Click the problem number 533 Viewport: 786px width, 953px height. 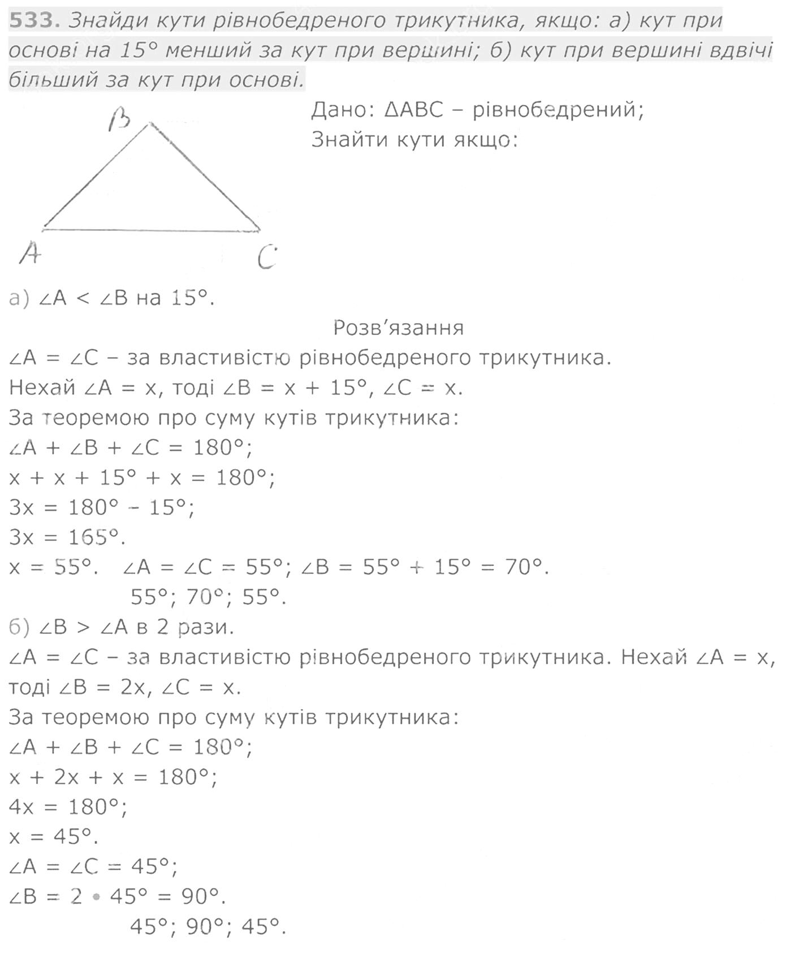pos(34,21)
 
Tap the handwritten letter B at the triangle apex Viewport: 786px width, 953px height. pos(120,119)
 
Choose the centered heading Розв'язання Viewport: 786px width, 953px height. pos(398,328)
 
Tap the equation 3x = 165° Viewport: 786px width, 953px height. pos(67,536)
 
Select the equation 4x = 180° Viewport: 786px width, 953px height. pos(68,806)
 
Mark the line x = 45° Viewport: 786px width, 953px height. pos(53,836)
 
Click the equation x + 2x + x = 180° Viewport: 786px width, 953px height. pos(113,776)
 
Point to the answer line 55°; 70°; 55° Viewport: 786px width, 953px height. pos(208,596)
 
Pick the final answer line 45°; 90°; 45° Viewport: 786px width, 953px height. pos(208,926)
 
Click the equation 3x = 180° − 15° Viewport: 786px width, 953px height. pos(102,506)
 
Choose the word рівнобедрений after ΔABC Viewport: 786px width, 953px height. pos(558,109)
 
